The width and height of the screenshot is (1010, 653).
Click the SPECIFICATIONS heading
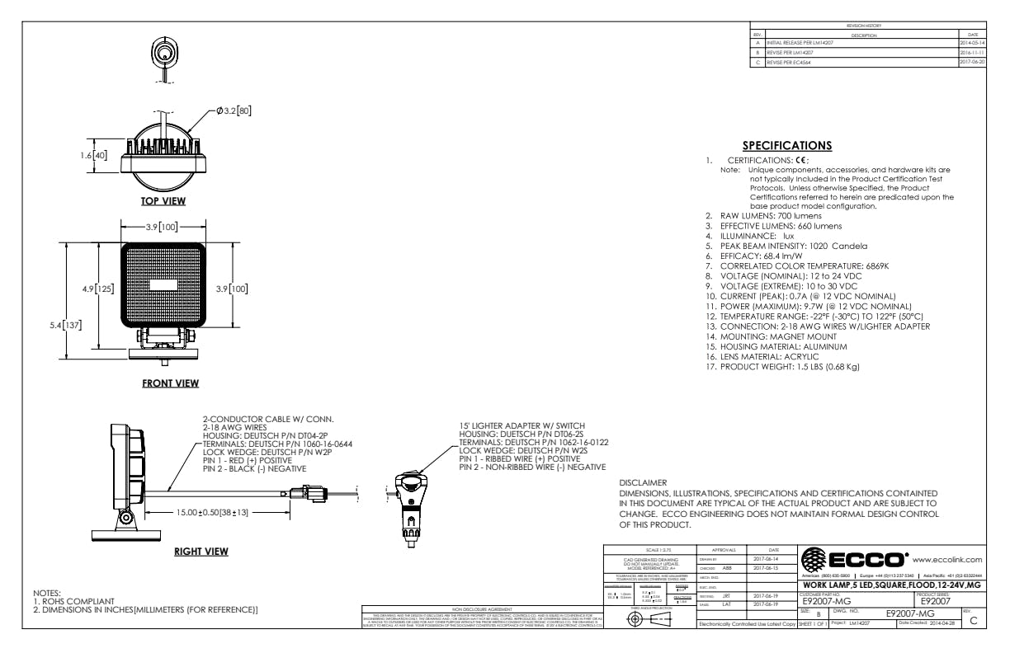786,146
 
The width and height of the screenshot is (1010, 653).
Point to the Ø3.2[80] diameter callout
234,111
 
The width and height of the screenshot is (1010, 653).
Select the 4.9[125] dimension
97,289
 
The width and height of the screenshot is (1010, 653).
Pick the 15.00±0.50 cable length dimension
213,513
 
